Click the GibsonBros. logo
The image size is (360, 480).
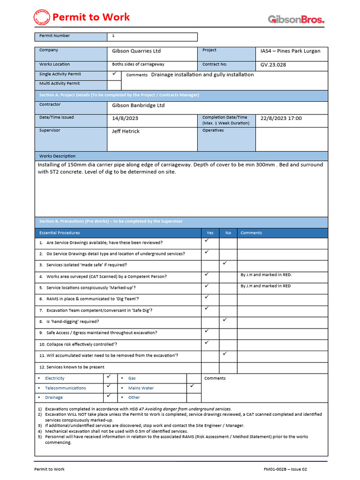coord(296,19)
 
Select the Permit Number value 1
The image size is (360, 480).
coord(113,36)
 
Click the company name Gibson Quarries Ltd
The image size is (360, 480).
coord(136,51)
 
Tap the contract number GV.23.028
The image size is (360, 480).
coord(273,65)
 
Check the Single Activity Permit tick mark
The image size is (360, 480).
coord(114,74)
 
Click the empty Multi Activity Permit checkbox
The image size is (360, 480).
coord(114,84)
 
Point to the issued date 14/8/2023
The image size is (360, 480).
coord(126,119)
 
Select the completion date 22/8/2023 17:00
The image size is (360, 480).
coord(281,119)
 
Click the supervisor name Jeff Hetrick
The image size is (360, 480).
coord(126,131)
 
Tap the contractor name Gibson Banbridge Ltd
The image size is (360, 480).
coord(138,105)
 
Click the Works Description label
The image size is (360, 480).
coord(57,156)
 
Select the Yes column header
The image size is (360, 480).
coord(210,233)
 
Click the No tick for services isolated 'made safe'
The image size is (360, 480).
coord(225,263)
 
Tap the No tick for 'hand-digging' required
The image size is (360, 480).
coord(225,320)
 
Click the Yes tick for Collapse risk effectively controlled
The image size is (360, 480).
coord(206,343)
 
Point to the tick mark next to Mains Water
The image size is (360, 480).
coord(192,386)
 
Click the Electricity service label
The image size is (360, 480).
coord(55,378)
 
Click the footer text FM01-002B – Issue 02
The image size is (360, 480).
coord(285,469)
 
